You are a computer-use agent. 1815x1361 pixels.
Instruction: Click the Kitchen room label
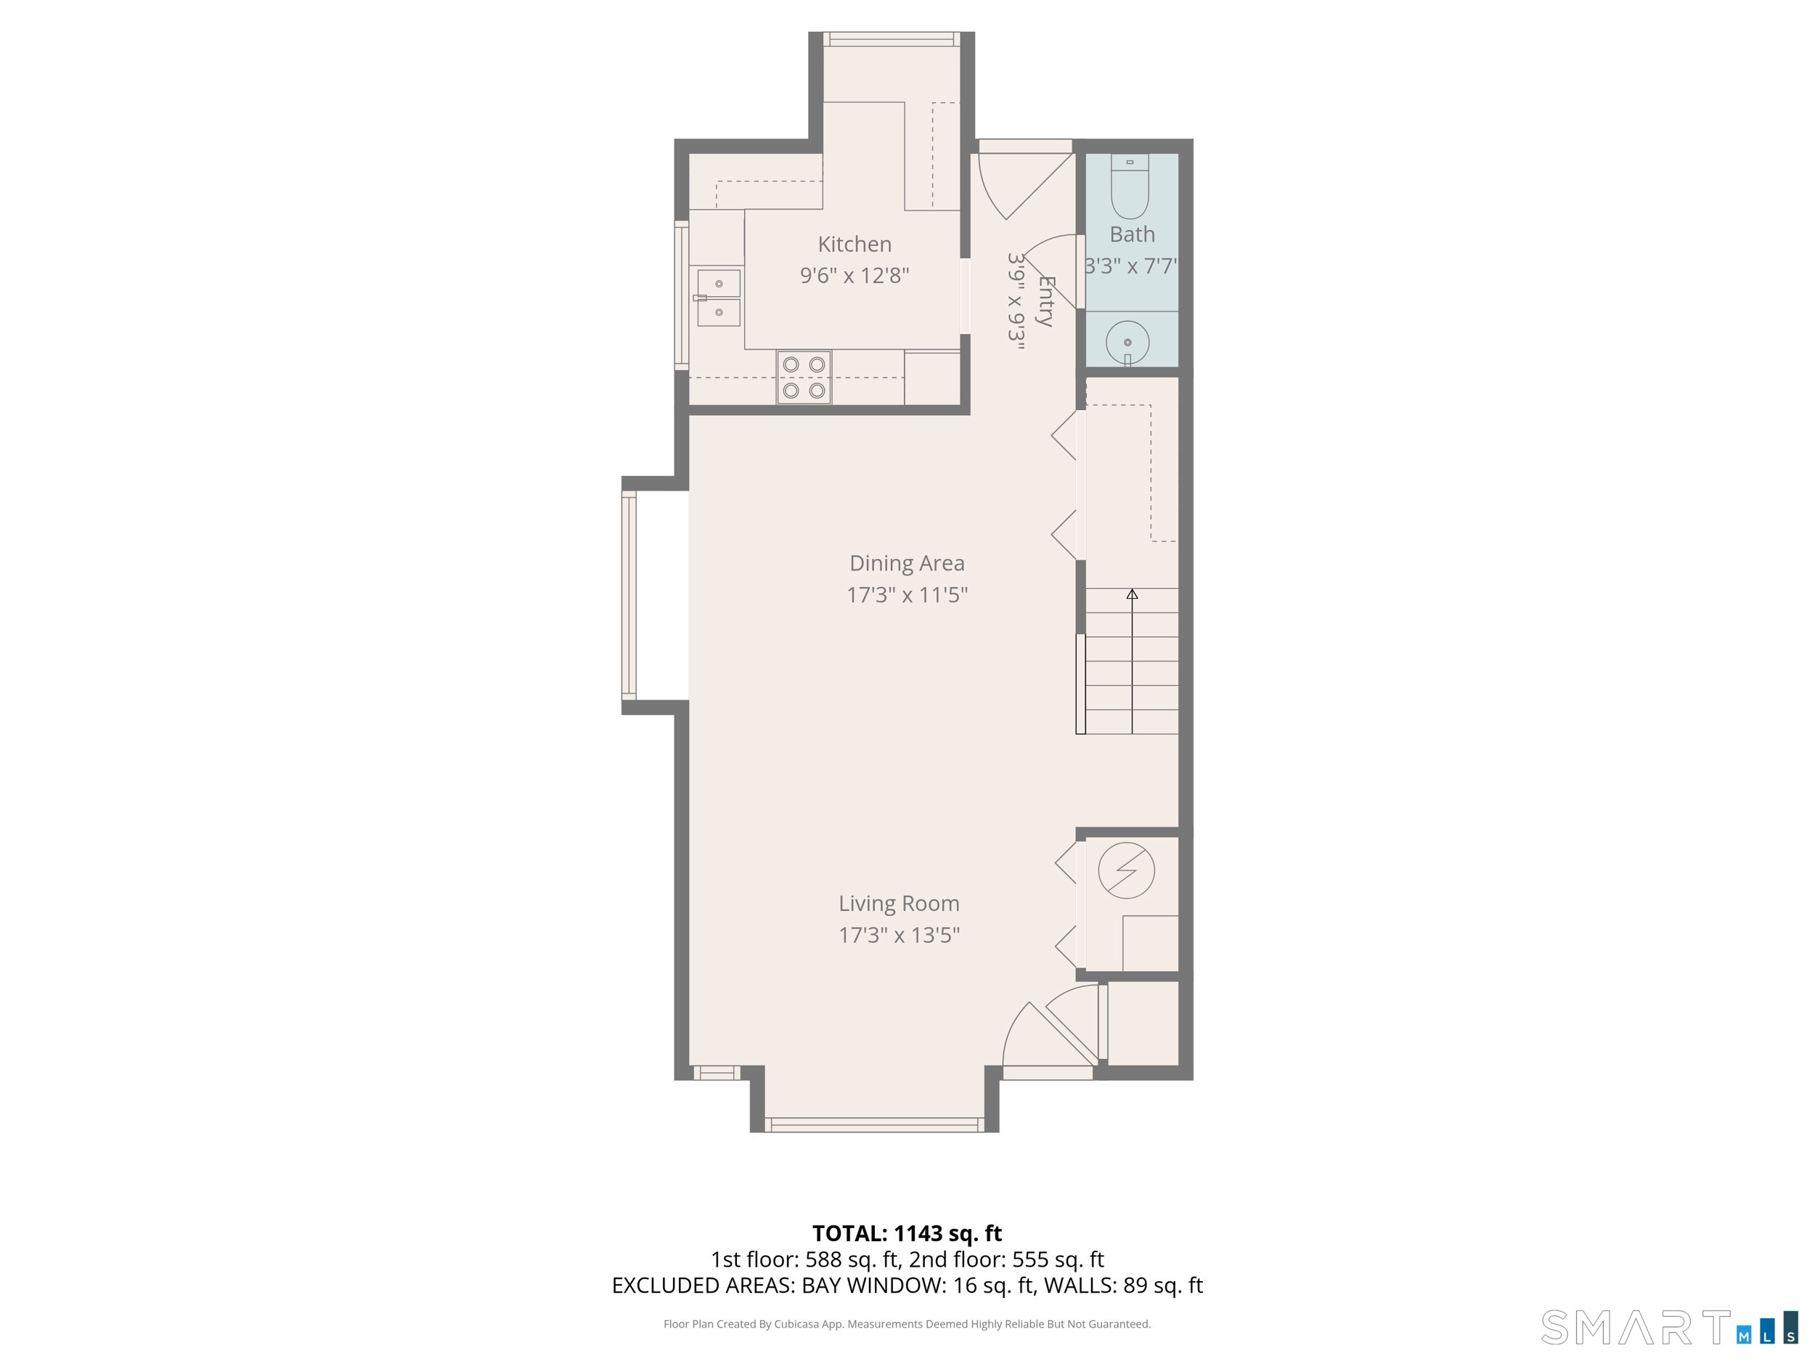[x=855, y=244]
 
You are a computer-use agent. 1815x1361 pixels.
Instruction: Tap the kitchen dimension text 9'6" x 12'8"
[x=855, y=275]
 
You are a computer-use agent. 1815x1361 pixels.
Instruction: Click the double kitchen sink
[x=718, y=298]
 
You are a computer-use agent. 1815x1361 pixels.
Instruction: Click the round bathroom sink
[x=1127, y=341]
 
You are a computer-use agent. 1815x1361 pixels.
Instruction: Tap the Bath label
[x=1132, y=234]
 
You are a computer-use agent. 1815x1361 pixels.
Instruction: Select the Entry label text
[x=1045, y=301]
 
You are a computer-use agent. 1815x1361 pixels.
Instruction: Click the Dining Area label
[x=906, y=563]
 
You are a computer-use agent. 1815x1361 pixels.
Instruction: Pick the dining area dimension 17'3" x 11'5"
[x=906, y=594]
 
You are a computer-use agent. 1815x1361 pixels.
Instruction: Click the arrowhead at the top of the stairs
[x=1132, y=594]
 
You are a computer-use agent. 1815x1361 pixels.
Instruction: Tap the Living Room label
[x=899, y=903]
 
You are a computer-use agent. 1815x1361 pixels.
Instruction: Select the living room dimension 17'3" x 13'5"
[x=899, y=934]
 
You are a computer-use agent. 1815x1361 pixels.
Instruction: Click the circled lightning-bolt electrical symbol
[x=1126, y=870]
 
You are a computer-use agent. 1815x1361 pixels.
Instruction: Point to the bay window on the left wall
[x=629, y=594]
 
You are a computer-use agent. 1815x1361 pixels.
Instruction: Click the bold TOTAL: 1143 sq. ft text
[x=906, y=1233]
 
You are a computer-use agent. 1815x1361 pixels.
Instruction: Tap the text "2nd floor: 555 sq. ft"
[x=1006, y=1259]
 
